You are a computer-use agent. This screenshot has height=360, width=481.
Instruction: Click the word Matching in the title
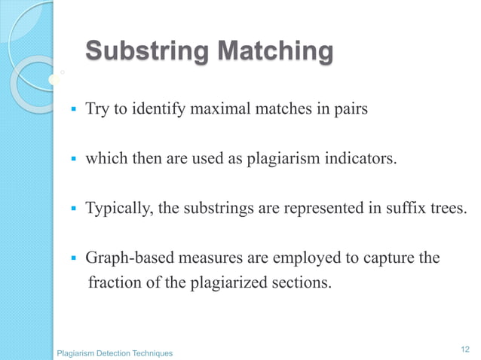click(x=274, y=53)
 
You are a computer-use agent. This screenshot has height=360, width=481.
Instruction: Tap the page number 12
click(x=464, y=348)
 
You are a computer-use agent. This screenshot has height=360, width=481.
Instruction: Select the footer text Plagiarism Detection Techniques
click(x=115, y=353)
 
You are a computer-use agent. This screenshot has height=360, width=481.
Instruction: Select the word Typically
click(x=118, y=209)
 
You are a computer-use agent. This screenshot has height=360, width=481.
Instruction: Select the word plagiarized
click(x=240, y=284)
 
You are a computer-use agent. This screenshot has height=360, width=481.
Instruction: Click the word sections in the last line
click(x=305, y=284)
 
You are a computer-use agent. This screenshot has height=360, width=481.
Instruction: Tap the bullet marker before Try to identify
click(x=73, y=111)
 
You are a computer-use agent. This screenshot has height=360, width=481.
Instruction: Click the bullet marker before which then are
click(x=73, y=160)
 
